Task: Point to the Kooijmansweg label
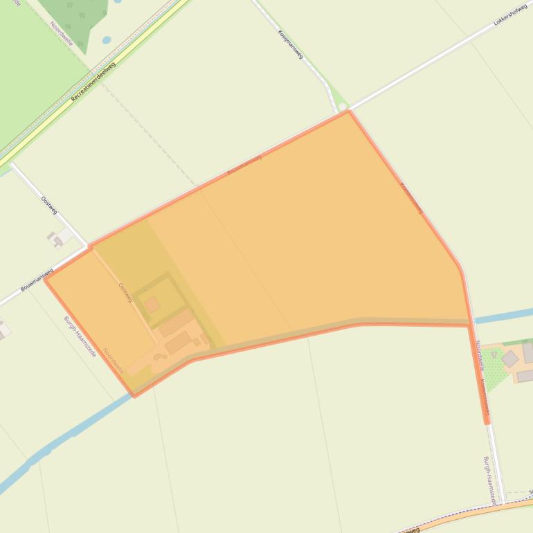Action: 291,44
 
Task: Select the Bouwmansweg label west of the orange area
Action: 37,279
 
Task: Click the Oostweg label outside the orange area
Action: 48,205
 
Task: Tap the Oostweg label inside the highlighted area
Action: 125,292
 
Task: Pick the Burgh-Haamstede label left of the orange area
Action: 80,336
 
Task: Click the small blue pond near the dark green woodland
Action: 106,40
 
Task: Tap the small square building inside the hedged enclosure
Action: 152,305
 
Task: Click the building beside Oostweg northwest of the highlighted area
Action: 57,240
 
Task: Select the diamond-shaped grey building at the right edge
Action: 509,358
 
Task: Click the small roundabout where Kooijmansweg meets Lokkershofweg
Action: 341,107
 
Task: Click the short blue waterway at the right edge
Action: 503,316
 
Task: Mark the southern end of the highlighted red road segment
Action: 487,420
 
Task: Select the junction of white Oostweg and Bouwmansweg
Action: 88,246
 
